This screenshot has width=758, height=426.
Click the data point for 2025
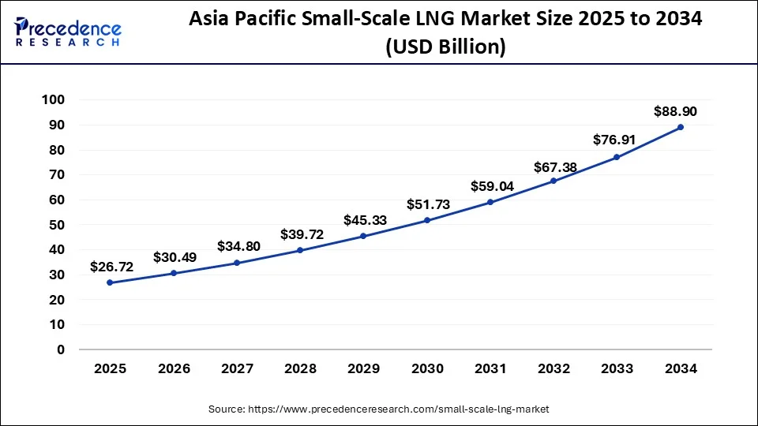pyautogui.click(x=110, y=282)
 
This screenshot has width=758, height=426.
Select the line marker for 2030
pyautogui.click(x=427, y=220)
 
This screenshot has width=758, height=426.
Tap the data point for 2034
pyautogui.click(x=681, y=127)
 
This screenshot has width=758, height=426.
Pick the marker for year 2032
pyautogui.click(x=553, y=181)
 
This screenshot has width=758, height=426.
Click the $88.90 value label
pyautogui.click(x=675, y=112)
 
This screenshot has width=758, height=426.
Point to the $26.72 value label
pyautogui.click(x=111, y=267)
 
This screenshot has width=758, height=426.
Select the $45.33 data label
pyautogui.click(x=365, y=220)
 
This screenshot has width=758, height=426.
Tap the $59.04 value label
pyautogui.click(x=490, y=187)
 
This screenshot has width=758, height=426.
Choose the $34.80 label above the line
pyautogui.click(x=238, y=246)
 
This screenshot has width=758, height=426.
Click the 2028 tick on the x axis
pyautogui.click(x=300, y=368)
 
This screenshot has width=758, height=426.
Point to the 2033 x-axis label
pyautogui.click(x=617, y=368)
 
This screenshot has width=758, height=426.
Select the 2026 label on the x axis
pyautogui.click(x=174, y=368)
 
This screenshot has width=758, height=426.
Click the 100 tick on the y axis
pyautogui.click(x=54, y=100)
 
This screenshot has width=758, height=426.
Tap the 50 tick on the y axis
pyautogui.click(x=58, y=225)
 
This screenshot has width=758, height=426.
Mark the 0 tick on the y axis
pyautogui.click(x=61, y=349)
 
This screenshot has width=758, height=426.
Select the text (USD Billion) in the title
pyautogui.click(x=445, y=47)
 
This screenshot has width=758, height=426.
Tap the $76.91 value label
pyautogui.click(x=615, y=140)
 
